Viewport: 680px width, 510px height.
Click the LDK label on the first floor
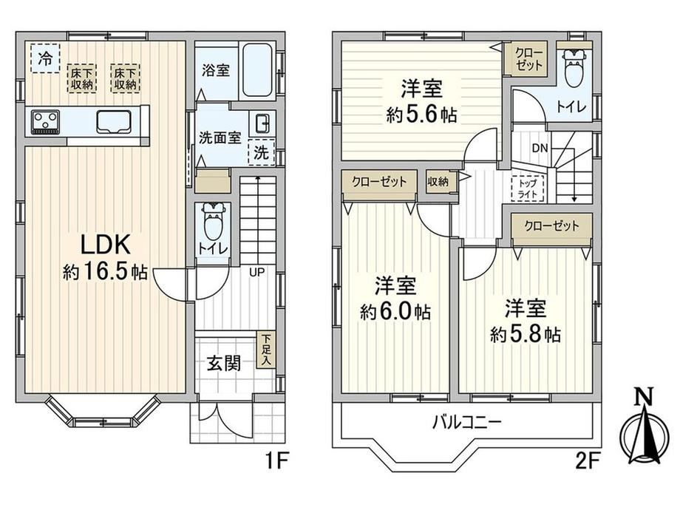pyautogui.click(x=106, y=245)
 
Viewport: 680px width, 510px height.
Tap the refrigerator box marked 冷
pyautogui.click(x=45, y=58)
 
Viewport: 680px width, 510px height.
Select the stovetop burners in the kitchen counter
pyautogui.click(x=46, y=121)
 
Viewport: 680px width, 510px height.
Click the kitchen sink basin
pyautogui.click(x=114, y=121)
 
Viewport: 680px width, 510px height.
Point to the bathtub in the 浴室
pyautogui.click(x=257, y=70)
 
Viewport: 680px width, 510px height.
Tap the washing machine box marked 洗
pyautogui.click(x=262, y=152)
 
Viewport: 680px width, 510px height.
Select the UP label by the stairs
pyautogui.click(x=256, y=273)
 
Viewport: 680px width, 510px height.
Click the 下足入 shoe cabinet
pyautogui.click(x=266, y=350)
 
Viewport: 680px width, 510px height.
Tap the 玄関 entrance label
pyautogui.click(x=223, y=363)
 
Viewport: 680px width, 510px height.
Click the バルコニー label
pyautogui.click(x=466, y=422)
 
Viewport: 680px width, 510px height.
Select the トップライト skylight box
pyautogui.click(x=527, y=188)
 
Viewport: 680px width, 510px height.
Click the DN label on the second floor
pyautogui.click(x=540, y=149)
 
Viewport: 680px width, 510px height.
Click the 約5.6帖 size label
pyautogui.click(x=421, y=115)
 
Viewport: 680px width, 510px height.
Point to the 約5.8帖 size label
pyautogui.click(x=526, y=334)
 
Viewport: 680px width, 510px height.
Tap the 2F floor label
pyautogui.click(x=587, y=461)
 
